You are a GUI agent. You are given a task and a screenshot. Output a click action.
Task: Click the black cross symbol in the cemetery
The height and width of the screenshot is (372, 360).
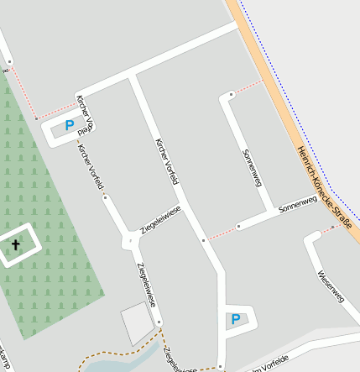pos(15,244)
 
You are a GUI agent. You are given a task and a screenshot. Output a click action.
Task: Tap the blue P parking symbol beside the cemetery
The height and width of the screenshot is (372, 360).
pos(69,126)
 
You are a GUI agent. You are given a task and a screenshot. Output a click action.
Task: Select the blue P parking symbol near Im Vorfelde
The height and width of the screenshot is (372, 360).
pos(235,319)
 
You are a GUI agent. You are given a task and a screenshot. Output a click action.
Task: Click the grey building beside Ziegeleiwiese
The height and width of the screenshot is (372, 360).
pos(138,324)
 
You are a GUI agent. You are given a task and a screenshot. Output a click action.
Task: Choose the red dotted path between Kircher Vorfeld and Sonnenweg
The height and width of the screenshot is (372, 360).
pos(221,233)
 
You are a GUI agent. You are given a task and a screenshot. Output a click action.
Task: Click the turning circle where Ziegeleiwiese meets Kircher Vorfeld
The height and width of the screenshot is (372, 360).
pos(130,242)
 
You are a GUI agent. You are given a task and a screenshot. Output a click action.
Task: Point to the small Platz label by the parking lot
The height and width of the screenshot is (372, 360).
pos(84,132)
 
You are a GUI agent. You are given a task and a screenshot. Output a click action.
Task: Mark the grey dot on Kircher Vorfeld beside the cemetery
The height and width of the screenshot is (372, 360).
pos(105,197)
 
